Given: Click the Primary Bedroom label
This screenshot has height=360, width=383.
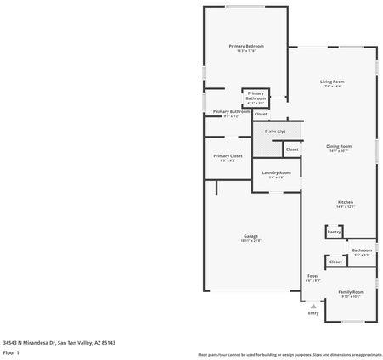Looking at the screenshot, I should (245, 46).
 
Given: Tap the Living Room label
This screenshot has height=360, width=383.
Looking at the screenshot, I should (331, 81).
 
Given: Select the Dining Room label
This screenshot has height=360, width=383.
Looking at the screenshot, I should (339, 146).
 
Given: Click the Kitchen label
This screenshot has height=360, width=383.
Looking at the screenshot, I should (345, 201).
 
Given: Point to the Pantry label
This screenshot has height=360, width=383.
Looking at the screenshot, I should (334, 231).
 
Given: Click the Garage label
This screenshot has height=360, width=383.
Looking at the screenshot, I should (251, 236).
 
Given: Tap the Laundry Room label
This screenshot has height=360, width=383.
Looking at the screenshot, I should (276, 172).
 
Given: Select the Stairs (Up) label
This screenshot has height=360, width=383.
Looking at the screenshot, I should (275, 132).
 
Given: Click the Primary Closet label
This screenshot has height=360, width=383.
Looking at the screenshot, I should (228, 156).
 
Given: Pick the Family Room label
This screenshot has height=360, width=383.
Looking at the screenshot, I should (352, 291).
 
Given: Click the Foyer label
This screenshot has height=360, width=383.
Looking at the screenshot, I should (313, 276).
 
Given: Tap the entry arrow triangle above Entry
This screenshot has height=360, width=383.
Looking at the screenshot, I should (313, 306).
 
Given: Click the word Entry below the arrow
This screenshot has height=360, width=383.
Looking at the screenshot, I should (313, 312).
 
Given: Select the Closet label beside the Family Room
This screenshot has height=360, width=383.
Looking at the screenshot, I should (335, 262).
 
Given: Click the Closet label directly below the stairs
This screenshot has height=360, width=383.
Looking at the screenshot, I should (291, 149).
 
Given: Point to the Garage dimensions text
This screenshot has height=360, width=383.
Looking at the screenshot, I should (251, 241).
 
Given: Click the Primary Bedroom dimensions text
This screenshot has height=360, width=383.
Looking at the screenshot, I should (245, 51).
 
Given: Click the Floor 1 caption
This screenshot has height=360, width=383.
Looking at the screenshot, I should (11, 352).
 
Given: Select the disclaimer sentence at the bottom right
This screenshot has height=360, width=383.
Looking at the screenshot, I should (290, 354).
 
